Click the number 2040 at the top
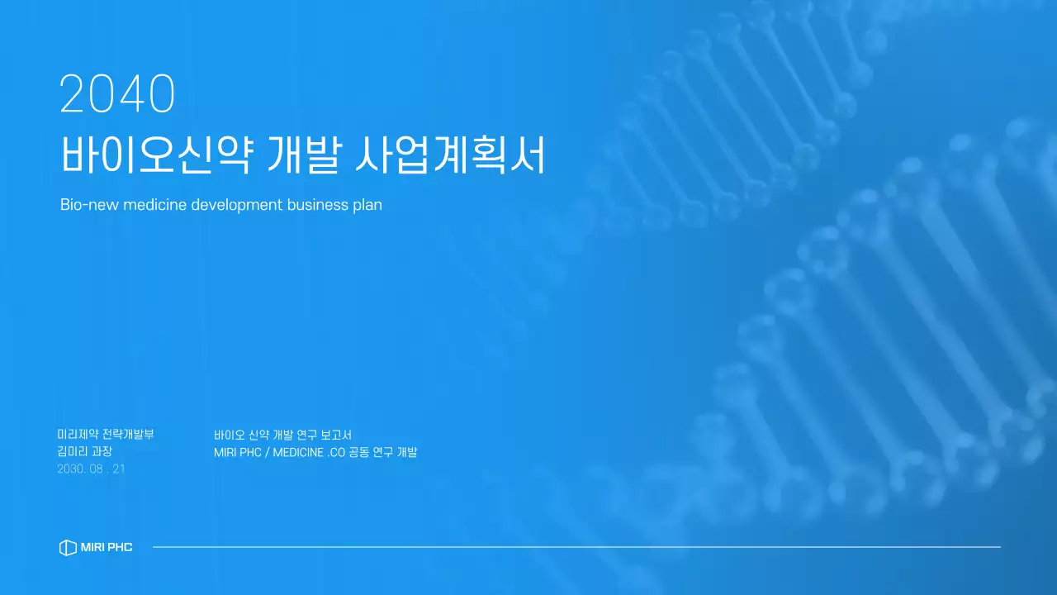(x=117, y=94)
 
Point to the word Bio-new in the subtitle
(x=89, y=204)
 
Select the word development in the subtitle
(x=236, y=204)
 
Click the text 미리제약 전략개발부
(x=106, y=434)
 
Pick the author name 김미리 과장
(x=84, y=451)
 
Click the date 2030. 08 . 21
(x=91, y=469)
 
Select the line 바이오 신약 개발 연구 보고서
(x=282, y=435)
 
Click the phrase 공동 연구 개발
(x=383, y=452)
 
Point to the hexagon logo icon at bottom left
(x=68, y=547)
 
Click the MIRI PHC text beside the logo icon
(x=107, y=547)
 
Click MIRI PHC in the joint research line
(x=237, y=452)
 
